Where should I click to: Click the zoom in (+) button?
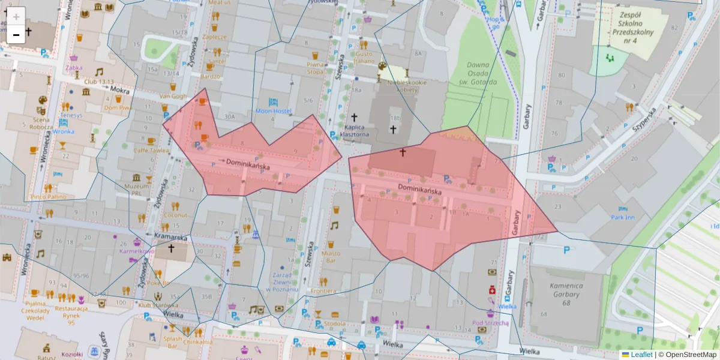click(16, 17)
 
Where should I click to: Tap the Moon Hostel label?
click(273, 111)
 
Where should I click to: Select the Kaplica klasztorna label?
click(354, 131)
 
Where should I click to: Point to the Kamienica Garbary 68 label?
click(566, 294)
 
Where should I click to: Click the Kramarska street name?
click(172, 236)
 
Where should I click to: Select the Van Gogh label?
click(173, 96)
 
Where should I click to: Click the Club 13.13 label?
click(98, 82)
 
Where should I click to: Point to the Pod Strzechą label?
click(490, 323)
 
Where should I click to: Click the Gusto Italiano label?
click(363, 57)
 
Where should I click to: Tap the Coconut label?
click(176, 215)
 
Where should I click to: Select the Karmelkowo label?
click(137, 251)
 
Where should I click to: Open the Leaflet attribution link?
click(641, 355)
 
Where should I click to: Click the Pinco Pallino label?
click(49, 196)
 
